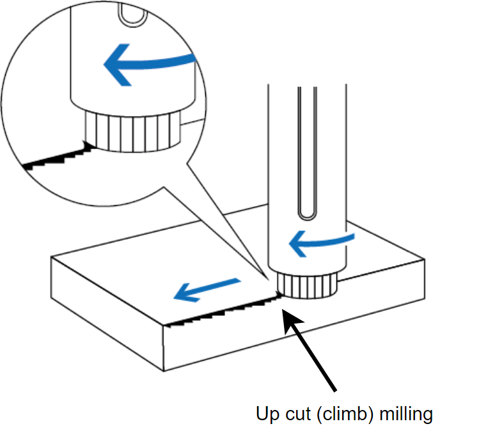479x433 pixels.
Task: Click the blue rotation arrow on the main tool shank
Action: pyautogui.click(x=320, y=242)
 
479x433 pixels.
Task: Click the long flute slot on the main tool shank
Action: pyautogui.click(x=308, y=154)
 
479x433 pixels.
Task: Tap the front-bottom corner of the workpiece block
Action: pyautogui.click(x=164, y=370)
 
